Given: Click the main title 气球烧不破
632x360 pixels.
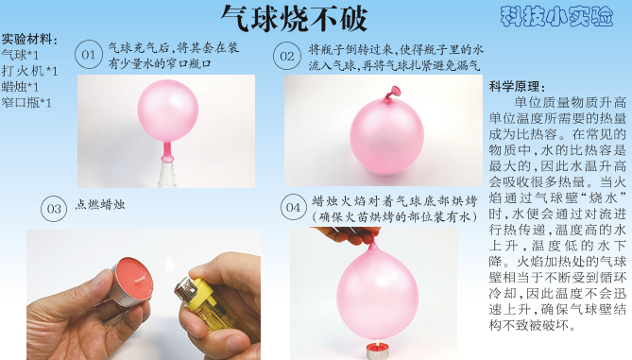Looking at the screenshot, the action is (294, 18).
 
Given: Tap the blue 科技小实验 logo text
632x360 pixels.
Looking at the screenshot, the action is (556, 16).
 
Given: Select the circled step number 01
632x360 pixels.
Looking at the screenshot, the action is (89, 55).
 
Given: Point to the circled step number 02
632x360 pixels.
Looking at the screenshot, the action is (287, 56).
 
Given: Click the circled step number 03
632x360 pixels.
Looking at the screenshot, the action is (54, 209).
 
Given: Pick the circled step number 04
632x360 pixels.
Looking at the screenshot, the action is (294, 207).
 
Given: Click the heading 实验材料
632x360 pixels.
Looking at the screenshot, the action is (29, 40).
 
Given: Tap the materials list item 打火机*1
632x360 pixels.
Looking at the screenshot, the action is (30, 71).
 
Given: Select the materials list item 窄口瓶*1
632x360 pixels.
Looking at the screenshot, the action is (26, 103).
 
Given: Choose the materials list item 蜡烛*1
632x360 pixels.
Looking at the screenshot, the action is (20, 87).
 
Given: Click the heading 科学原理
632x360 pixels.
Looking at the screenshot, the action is (517, 86).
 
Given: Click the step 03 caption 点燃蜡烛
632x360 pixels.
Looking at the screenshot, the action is (99, 205).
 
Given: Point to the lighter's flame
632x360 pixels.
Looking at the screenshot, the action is (170, 266).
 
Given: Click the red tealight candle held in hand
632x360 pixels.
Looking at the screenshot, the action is (132, 281).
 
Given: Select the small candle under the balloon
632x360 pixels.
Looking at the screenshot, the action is (377, 350).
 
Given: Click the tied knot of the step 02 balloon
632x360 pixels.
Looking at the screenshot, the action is (392, 94).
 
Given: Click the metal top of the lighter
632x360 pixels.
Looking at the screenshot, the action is (185, 288).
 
